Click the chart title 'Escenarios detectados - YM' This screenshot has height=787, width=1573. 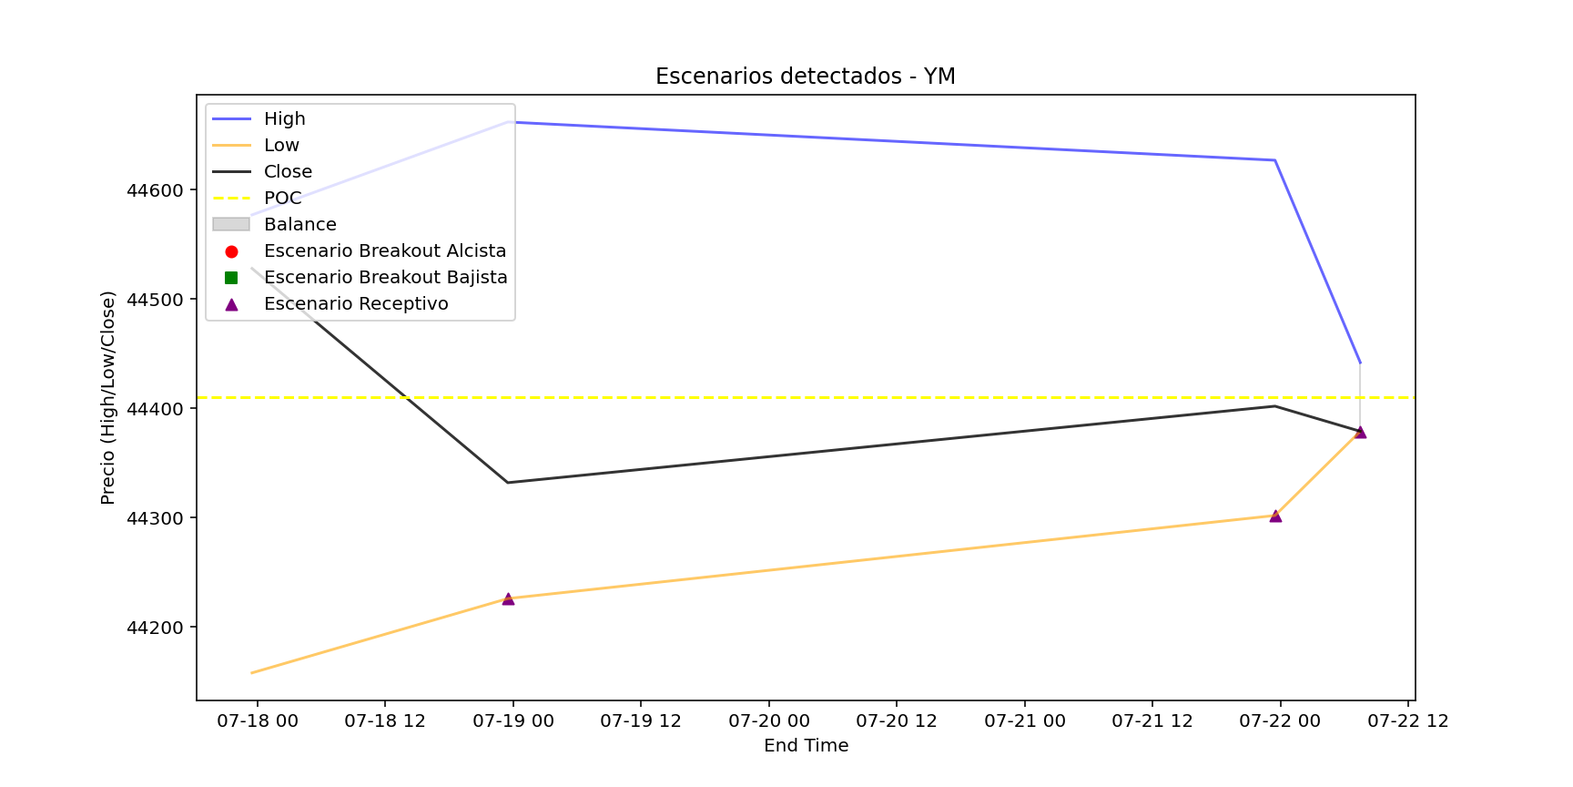pos(805,77)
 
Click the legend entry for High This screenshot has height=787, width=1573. pos(284,119)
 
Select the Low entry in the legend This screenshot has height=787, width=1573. pos(281,146)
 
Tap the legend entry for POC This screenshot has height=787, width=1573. pos(282,199)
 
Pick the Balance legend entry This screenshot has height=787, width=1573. pos(299,225)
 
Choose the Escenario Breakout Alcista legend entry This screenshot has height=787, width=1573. pos(384,251)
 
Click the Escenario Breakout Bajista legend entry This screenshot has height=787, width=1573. pos(385,278)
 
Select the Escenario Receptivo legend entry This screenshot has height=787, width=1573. pos(356,304)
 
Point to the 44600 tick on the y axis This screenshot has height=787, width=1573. pos(155,191)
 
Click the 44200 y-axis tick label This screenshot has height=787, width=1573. pos(155,629)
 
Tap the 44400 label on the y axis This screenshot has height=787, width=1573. pos(155,410)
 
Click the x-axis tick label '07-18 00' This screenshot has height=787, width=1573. pos(258,721)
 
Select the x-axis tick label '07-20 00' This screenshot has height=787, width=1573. pos(769,721)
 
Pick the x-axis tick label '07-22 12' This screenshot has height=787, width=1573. pos(1408,721)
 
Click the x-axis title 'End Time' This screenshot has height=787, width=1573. pos(806,746)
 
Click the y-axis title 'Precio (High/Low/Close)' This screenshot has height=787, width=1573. pos(108,397)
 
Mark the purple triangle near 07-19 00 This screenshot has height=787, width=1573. pos(508,599)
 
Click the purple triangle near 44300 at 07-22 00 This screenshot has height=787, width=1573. pos(1275,516)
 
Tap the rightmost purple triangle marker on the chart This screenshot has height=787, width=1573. pos(1360,432)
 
